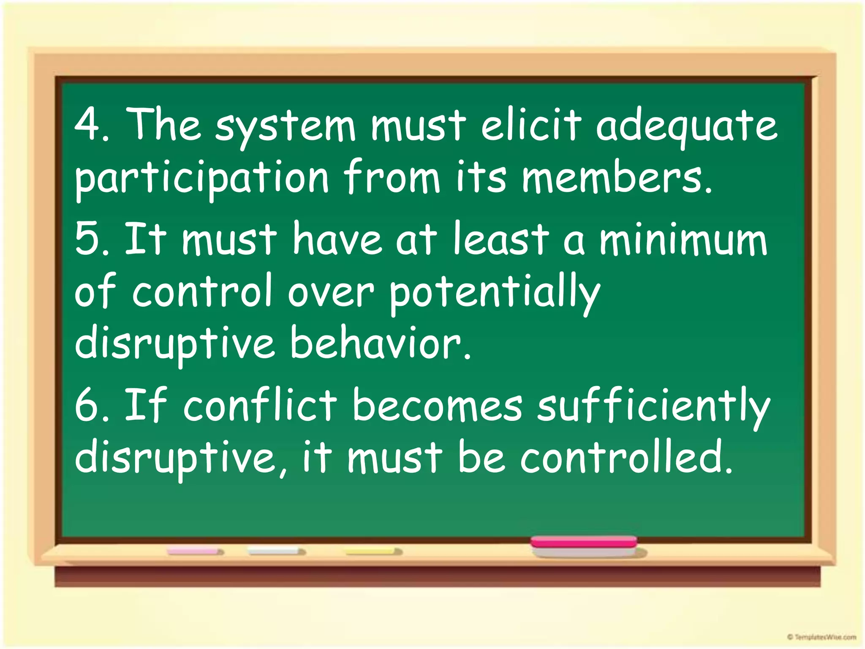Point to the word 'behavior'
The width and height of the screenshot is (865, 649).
point(380,344)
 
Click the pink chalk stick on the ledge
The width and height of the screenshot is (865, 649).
point(195,552)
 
